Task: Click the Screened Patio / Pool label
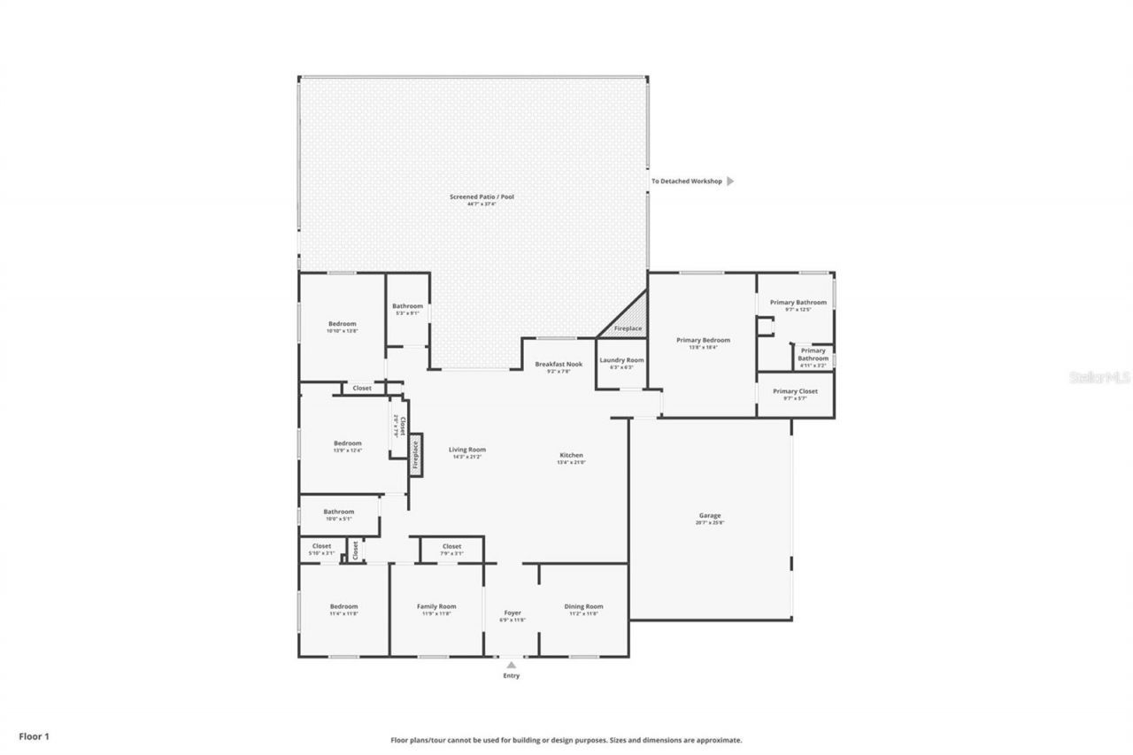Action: coord(482,196)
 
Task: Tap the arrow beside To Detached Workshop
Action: coord(730,181)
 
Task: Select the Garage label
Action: coord(710,516)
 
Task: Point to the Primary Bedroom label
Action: coord(703,341)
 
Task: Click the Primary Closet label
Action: coord(795,391)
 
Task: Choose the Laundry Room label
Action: coord(621,361)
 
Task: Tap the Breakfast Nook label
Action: coord(559,365)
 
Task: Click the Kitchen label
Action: coord(570,456)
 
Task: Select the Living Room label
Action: coord(466,451)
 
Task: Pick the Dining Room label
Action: coord(583,607)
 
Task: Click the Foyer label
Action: coord(513,613)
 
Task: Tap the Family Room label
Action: coord(436,607)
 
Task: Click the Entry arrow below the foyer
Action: coord(512,665)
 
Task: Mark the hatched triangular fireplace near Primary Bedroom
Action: coord(630,320)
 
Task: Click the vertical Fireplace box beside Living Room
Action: coord(414,453)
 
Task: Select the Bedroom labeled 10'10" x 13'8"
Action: coord(342,324)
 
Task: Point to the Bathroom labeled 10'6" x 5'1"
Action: coord(338,512)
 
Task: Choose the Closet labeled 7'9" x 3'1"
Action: coord(451,547)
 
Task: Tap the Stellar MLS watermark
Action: coord(1099,377)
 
